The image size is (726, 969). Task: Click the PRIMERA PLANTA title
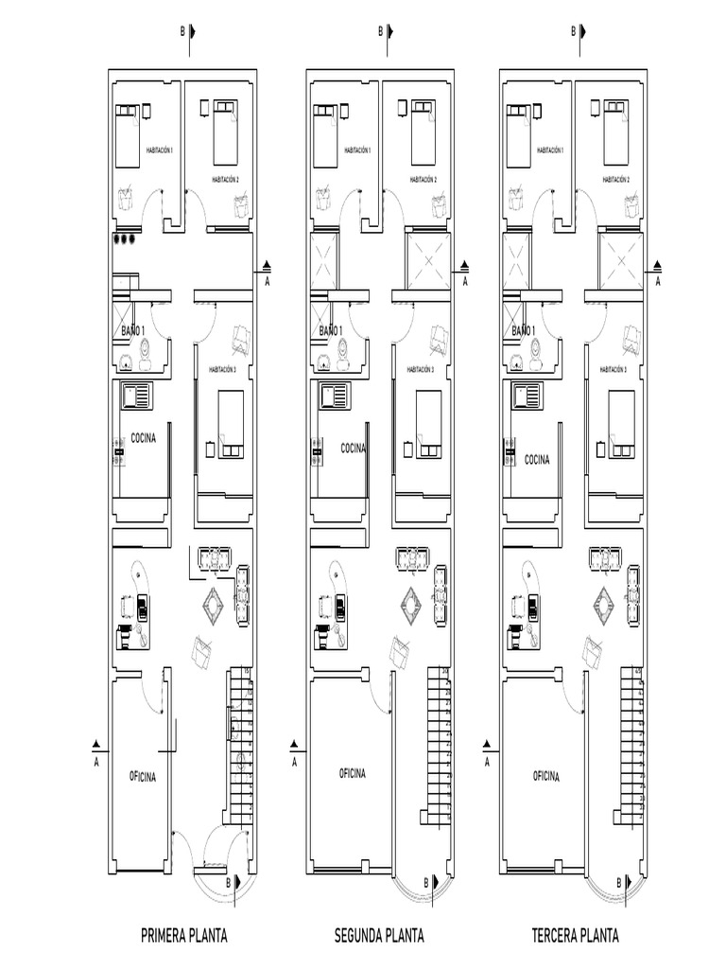[x=183, y=937]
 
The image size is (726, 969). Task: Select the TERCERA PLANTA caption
[x=575, y=937]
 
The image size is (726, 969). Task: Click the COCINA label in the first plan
[x=144, y=438]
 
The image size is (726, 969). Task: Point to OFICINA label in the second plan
[x=352, y=773]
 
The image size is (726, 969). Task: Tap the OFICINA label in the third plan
[x=545, y=776]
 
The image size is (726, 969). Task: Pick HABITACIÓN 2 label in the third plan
[x=615, y=179]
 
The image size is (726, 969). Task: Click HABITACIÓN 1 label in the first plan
[x=159, y=150]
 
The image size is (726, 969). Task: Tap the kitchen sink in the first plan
[x=137, y=395]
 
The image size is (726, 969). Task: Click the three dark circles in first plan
[x=124, y=239]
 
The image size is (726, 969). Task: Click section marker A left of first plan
[x=95, y=745]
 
